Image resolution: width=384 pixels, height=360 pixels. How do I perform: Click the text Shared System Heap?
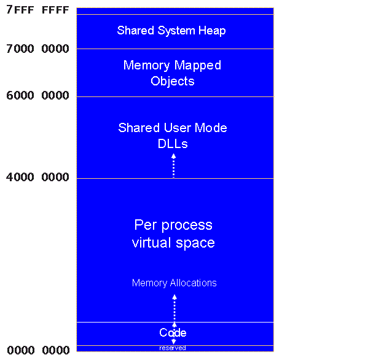coord(171,30)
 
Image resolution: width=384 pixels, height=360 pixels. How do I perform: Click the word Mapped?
coord(197,65)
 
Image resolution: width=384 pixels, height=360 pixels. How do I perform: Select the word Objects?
coord(173,81)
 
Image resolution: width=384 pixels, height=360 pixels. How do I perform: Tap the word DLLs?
coord(173,144)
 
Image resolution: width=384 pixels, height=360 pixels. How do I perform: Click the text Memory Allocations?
coord(174,283)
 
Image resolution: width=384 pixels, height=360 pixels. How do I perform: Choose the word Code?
coord(173,333)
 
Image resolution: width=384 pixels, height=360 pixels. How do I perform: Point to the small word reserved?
coord(173,348)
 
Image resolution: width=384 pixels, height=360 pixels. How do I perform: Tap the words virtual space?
coord(173,243)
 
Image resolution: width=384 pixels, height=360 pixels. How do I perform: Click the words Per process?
coord(173,225)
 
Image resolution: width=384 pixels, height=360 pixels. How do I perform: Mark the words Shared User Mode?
coord(173,128)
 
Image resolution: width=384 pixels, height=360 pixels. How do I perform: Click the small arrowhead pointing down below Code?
coord(174,342)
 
